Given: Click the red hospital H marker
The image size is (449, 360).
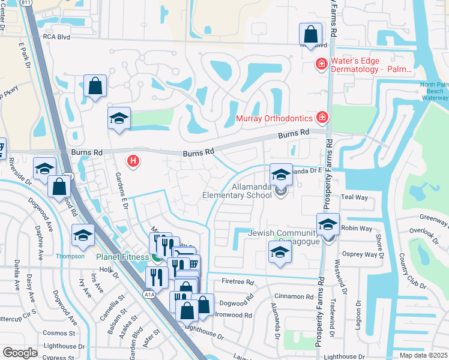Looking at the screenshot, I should tap(134, 161).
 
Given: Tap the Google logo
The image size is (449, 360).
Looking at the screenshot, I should tap(20, 353).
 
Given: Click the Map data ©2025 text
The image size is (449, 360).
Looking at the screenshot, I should tap(423, 355).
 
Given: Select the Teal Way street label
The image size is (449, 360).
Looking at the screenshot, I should tap(354, 197).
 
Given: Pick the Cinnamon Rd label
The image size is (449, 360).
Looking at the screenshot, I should tap(293, 296).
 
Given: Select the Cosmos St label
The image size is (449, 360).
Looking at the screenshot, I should tap(59, 332).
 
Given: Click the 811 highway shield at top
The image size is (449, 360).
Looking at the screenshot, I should tap(26, 2).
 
